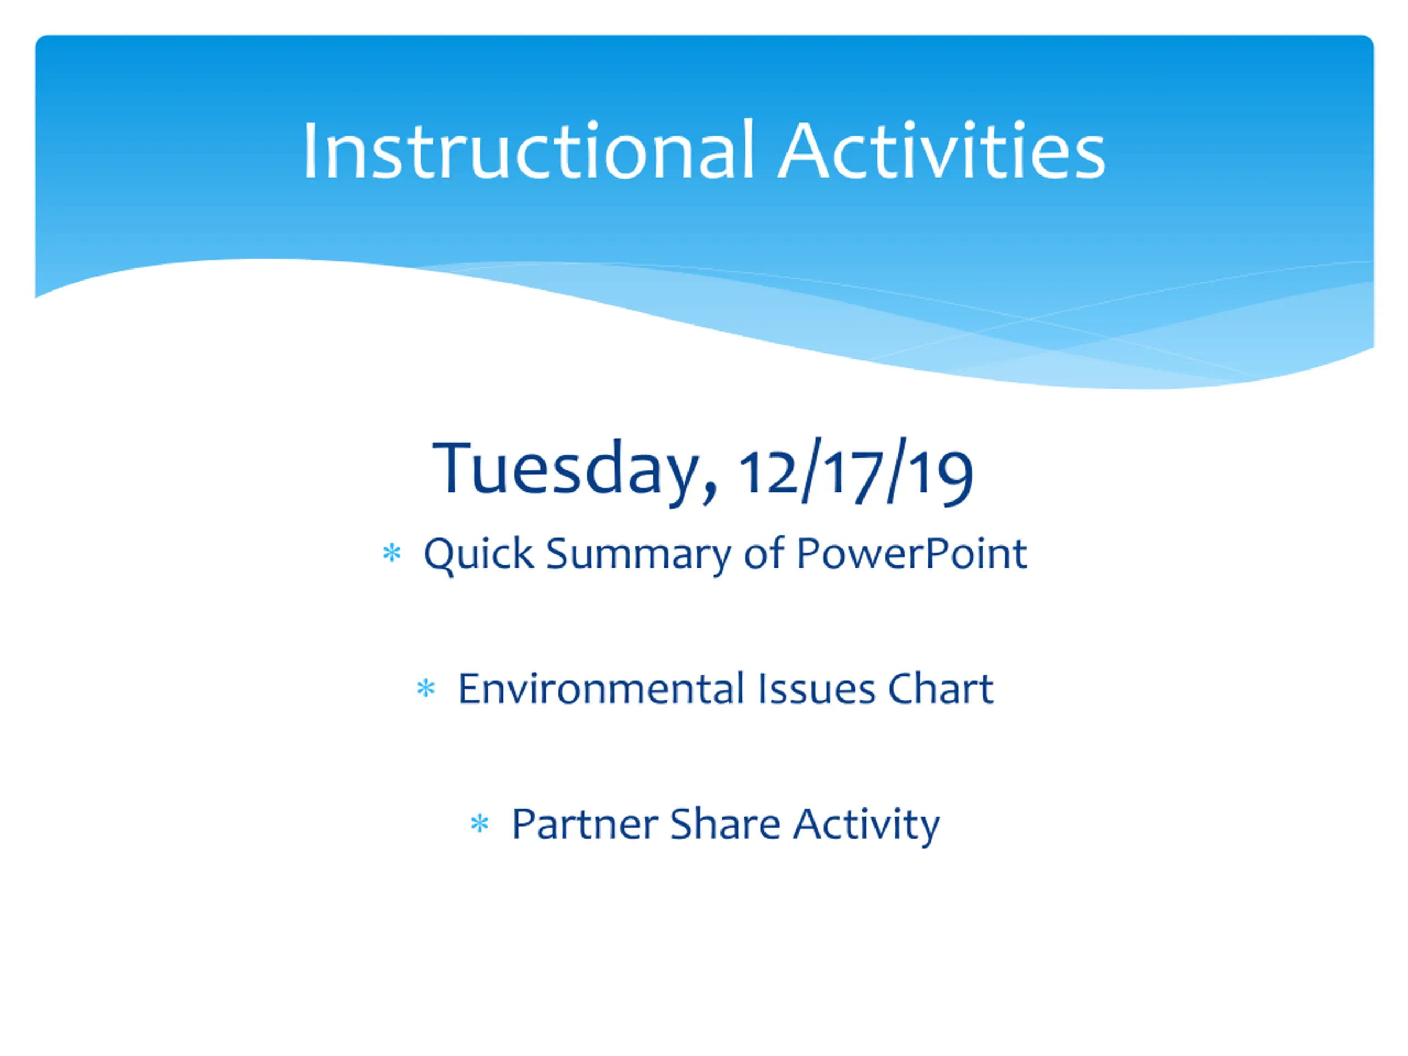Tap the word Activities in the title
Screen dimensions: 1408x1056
point(942,150)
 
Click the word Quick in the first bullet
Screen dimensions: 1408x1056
point(479,553)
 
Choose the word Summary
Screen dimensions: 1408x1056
point(639,554)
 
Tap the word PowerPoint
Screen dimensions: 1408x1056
point(911,553)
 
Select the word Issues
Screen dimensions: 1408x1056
point(816,689)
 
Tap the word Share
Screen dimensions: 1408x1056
point(725,824)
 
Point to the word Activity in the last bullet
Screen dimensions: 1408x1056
point(866,826)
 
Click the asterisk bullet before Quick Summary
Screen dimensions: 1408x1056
point(392,553)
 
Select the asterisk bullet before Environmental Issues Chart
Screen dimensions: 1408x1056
point(426,688)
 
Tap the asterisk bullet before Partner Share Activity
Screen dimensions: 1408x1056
point(480,824)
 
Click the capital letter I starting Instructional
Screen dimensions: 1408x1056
point(310,150)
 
